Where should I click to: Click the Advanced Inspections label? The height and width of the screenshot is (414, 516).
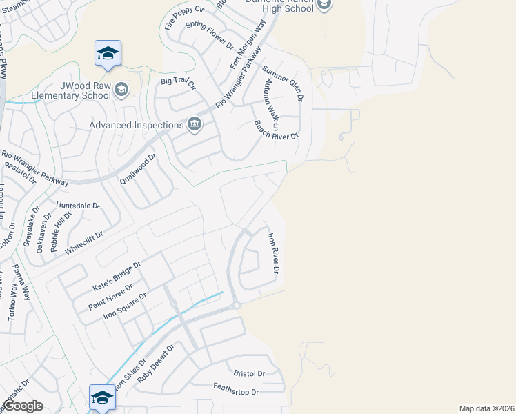tap(136, 125)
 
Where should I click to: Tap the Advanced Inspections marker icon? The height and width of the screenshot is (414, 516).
tap(195, 124)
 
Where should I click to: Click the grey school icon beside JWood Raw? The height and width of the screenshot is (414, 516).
tap(121, 90)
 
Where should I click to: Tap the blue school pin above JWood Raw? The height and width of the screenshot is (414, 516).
tap(108, 54)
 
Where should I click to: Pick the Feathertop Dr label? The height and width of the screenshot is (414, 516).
tap(235, 391)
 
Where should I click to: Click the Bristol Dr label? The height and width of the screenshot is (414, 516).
tap(249, 373)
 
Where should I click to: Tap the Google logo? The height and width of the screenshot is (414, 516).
tap(23, 406)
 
